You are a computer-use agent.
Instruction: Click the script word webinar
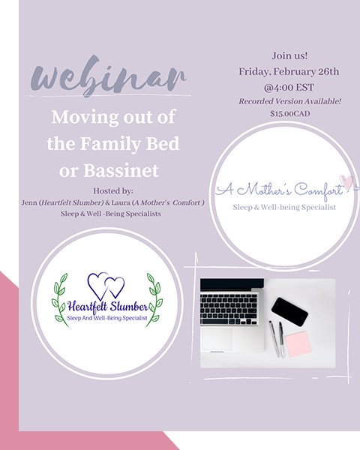(109, 75)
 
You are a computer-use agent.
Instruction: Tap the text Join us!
(289, 55)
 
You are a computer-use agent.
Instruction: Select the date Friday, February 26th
(289, 71)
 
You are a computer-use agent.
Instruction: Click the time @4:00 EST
(289, 87)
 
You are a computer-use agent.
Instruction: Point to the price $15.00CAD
(290, 114)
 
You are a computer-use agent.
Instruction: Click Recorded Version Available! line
(290, 101)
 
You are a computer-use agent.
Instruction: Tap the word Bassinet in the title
(121, 170)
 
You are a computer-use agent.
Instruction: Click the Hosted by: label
(113, 190)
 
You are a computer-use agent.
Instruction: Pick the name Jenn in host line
(29, 202)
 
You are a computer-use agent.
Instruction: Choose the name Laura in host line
(121, 202)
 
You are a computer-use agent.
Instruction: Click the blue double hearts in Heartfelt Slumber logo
(106, 285)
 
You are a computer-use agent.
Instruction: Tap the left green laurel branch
(60, 299)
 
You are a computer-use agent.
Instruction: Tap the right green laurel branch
(154, 299)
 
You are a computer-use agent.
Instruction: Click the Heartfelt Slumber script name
(108, 307)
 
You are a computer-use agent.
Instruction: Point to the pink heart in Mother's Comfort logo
(346, 182)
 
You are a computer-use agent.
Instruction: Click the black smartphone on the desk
(289, 312)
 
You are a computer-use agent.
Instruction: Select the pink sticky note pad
(298, 343)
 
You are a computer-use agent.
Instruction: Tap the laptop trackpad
(217, 339)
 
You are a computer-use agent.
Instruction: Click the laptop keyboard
(229, 309)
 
